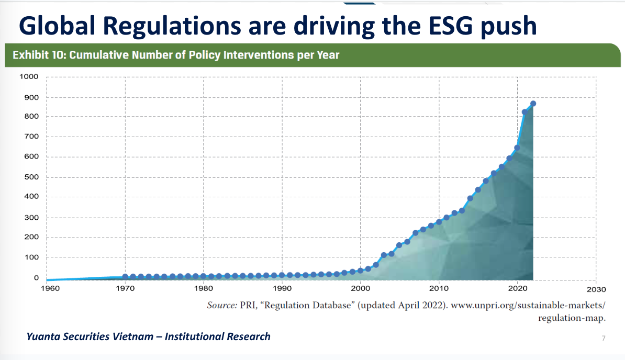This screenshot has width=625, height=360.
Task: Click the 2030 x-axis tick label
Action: point(596,289)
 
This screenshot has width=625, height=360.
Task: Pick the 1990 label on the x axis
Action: point(282,289)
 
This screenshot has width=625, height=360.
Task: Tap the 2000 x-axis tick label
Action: point(360,289)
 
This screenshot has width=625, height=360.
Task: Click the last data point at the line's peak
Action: point(533,104)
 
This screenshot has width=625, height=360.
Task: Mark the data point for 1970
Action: point(126,276)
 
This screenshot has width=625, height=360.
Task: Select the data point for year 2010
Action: point(439,222)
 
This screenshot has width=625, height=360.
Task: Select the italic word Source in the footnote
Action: point(222,306)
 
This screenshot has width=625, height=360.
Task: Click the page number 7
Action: point(603,339)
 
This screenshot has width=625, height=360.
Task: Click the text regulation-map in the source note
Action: point(574,318)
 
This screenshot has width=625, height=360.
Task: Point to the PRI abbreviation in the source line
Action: point(248,306)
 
